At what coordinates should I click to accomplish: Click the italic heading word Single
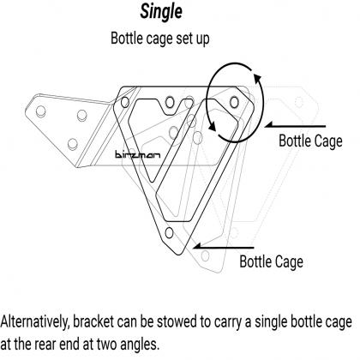pos(161,13)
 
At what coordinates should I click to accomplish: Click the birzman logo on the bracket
pos(138,155)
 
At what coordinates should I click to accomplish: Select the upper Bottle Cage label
pos(310,141)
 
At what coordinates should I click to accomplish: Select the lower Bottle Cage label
pos(271,261)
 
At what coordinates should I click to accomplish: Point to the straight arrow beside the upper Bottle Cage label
pos(295,125)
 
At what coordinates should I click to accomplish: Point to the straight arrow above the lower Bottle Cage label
pos(224,246)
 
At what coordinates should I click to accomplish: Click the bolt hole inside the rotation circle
pos(234,102)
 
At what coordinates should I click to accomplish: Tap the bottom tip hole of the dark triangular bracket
pos(169,233)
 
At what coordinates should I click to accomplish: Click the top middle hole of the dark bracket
pos(170,102)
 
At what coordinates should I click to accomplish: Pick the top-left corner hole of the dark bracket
pos(125,102)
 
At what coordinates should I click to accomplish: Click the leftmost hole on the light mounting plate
pos(40,111)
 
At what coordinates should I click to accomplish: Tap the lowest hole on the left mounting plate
pos(73,144)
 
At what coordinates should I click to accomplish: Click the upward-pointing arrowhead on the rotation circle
pos(257,78)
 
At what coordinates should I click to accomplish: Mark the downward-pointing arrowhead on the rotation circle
pos(212,126)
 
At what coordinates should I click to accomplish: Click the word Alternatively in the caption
pos(35,322)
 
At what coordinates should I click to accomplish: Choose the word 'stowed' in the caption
pos(177,321)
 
